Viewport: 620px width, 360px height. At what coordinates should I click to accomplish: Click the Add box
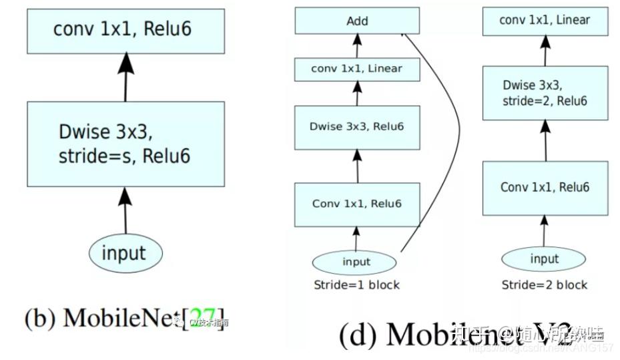357,21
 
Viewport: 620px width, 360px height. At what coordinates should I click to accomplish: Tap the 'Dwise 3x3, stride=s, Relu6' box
123,144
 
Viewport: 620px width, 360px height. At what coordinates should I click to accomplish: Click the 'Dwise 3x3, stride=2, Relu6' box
545,93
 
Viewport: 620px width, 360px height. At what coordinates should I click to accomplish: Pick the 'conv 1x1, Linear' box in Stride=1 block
357,69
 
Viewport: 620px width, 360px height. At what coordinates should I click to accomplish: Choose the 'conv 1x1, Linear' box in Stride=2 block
545,21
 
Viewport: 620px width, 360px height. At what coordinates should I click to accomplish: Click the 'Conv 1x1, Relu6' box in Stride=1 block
357,203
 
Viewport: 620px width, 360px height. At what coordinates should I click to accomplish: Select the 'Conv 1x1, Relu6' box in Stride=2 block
545,188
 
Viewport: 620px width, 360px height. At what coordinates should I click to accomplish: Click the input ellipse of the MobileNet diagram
123,253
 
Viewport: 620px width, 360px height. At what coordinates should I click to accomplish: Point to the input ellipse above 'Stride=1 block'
356,261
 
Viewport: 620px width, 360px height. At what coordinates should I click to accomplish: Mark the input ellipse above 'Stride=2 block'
544,258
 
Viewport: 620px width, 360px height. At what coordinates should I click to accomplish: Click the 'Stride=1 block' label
356,285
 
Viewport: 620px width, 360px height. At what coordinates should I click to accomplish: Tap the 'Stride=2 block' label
545,285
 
